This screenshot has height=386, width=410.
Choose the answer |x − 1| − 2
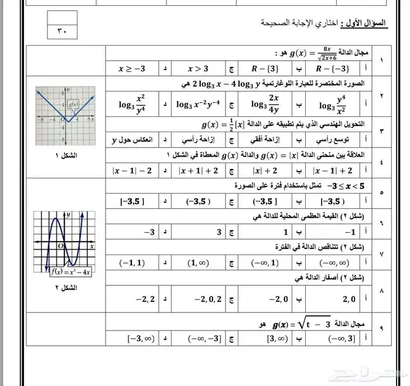132,170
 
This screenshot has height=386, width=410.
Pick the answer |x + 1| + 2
199,170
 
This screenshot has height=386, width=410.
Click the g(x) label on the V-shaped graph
73,106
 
